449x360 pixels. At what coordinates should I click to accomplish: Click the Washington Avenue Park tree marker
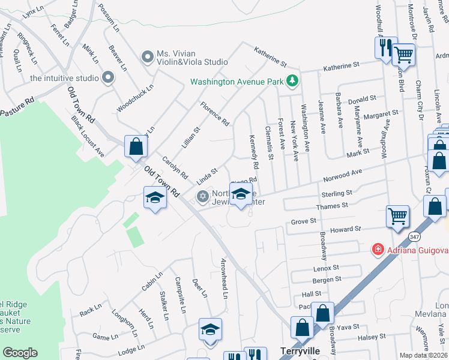(x=292, y=80)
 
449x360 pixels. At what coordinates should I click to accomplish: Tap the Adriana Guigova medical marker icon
(x=378, y=248)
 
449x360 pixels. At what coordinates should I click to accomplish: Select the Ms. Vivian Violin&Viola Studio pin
(x=147, y=58)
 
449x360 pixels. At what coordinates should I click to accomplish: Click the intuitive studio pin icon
(x=108, y=77)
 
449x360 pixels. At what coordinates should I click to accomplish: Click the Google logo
(x=20, y=353)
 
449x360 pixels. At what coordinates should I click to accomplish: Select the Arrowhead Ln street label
(x=224, y=278)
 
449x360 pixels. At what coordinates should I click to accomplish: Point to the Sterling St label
(x=337, y=194)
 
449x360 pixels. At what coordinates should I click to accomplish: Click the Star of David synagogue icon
(x=203, y=196)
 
